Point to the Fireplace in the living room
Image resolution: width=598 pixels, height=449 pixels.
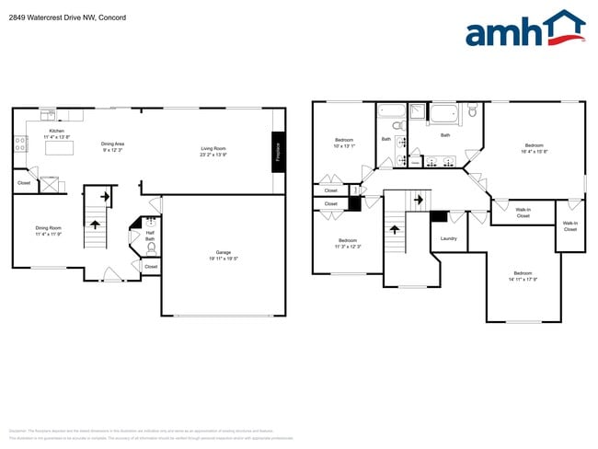click(x=277, y=151)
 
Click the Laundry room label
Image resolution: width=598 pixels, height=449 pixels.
click(x=448, y=238)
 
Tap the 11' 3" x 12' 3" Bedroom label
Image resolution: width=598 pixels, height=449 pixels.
click(x=348, y=243)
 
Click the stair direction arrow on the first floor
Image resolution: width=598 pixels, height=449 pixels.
click(x=104, y=196)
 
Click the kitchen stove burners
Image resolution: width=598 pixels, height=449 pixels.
click(x=19, y=143)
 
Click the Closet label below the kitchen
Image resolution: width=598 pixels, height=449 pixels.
click(x=24, y=183)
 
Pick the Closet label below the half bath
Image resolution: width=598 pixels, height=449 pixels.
click(x=151, y=267)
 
